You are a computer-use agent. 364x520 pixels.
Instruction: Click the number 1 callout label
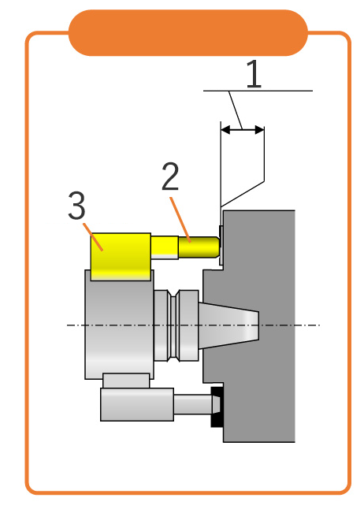pyautogui.click(x=254, y=74)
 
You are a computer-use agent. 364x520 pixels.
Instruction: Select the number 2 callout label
pyautogui.click(x=170, y=176)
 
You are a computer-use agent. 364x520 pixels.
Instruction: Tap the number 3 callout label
pyautogui.click(x=76, y=206)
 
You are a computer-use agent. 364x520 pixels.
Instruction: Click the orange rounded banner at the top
pyautogui.click(x=188, y=32)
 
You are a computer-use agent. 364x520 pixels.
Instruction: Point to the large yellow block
pyautogui.click(x=121, y=256)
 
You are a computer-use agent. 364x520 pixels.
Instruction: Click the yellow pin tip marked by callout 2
pyautogui.click(x=199, y=247)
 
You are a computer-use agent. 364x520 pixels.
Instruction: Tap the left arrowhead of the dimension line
pyautogui.click(x=225, y=130)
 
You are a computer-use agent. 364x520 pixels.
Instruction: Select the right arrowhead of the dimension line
pyautogui.click(x=259, y=130)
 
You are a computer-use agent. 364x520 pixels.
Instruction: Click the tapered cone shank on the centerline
pyautogui.click(x=228, y=325)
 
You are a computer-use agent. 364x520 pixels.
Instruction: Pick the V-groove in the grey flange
pyautogui.click(x=173, y=325)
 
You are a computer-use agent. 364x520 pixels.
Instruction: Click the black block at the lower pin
pyautogui.click(x=217, y=407)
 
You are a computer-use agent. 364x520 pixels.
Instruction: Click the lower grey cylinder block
pyautogui.click(x=137, y=405)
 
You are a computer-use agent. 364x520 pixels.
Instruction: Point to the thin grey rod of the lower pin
pyautogui.click(x=193, y=404)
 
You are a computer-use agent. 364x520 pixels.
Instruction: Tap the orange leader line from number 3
pyautogui.click(x=93, y=237)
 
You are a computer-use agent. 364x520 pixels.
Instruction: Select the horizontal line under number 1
pyautogui.click(x=258, y=91)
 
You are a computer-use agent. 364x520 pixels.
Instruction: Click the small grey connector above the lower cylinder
pyautogui.click(x=126, y=381)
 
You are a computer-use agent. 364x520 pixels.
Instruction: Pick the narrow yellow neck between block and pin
pyautogui.click(x=165, y=247)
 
